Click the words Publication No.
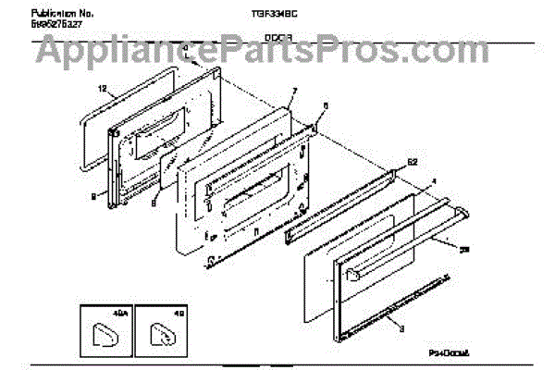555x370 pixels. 64,14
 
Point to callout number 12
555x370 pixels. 103,89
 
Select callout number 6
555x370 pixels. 324,105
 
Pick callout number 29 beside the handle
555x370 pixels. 464,248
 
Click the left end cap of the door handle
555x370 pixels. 352,273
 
